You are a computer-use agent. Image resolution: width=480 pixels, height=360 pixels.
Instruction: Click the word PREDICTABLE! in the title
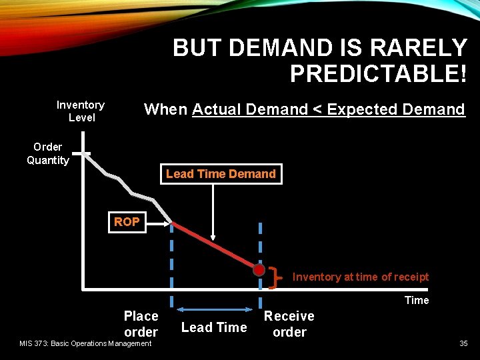tap(378, 73)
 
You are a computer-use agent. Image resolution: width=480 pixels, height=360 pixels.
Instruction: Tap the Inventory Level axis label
tap(81, 111)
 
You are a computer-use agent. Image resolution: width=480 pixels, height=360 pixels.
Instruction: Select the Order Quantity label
tap(48, 153)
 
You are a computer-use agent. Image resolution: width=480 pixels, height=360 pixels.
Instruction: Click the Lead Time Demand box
tap(221, 174)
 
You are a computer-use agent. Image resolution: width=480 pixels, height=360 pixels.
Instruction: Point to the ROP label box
tap(127, 222)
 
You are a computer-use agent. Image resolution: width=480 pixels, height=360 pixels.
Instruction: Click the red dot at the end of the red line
tap(259, 270)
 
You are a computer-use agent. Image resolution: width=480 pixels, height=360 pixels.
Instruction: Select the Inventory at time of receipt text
tap(361, 277)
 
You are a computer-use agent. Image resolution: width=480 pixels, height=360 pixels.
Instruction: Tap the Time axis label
tap(417, 300)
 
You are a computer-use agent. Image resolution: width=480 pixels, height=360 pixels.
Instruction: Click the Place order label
tap(141, 323)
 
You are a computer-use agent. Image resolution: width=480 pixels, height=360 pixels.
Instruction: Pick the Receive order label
tap(289, 323)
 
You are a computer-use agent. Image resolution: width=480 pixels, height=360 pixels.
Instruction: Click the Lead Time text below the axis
tap(214, 327)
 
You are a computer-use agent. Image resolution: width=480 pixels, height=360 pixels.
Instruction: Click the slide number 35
tap(463, 343)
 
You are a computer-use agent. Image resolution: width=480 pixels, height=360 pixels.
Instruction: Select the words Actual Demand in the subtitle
tap(250, 109)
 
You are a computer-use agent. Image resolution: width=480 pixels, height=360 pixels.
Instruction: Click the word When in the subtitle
tap(166, 109)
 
